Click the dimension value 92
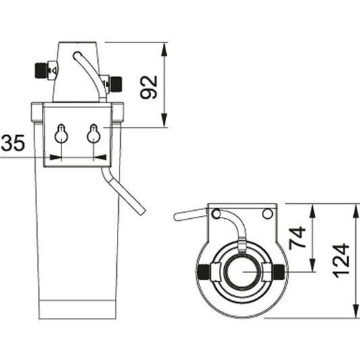click(149, 86)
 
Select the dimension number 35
click(13, 143)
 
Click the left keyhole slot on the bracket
click(61, 134)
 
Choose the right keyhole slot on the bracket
click(94, 134)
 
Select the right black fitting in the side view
click(115, 83)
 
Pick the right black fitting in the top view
click(279, 272)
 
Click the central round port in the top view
click(240, 272)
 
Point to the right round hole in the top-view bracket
click(267, 214)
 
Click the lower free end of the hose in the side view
click(140, 209)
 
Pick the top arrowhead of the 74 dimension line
click(312, 208)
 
